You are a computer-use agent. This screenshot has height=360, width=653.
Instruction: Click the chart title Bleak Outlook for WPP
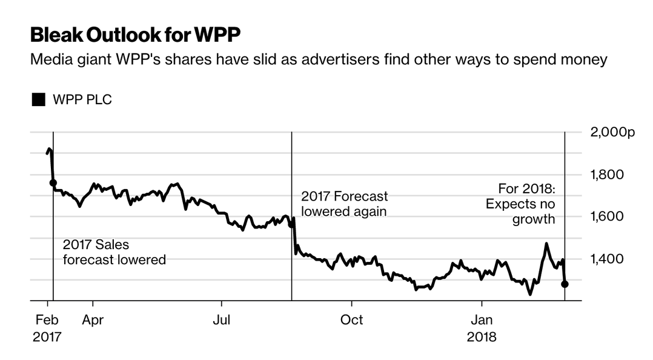click(135, 35)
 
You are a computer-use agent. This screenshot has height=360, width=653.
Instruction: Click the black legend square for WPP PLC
click(39, 100)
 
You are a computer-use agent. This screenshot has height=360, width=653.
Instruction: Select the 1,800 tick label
click(606, 175)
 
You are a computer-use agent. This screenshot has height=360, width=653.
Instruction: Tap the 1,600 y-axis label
click(606, 217)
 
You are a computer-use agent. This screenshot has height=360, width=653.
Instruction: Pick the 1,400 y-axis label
click(606, 259)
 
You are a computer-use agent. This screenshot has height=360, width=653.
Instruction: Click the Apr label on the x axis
click(93, 319)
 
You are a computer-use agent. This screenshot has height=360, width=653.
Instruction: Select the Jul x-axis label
click(221, 319)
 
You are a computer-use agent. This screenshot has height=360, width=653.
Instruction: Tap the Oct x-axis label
click(351, 319)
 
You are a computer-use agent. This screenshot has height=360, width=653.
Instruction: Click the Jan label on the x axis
click(482, 319)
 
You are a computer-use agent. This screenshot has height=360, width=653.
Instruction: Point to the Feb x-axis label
click(47, 319)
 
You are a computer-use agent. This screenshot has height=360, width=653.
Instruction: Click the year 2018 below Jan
click(482, 336)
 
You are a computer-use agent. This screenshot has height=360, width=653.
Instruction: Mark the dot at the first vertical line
click(53, 182)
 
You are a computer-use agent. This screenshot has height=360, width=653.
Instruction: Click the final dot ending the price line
click(565, 284)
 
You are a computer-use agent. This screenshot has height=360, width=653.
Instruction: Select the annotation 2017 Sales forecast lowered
click(114, 252)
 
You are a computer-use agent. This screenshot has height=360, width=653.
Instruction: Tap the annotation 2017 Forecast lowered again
click(344, 204)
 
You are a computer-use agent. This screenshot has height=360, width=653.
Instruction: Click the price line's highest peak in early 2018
click(546, 244)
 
